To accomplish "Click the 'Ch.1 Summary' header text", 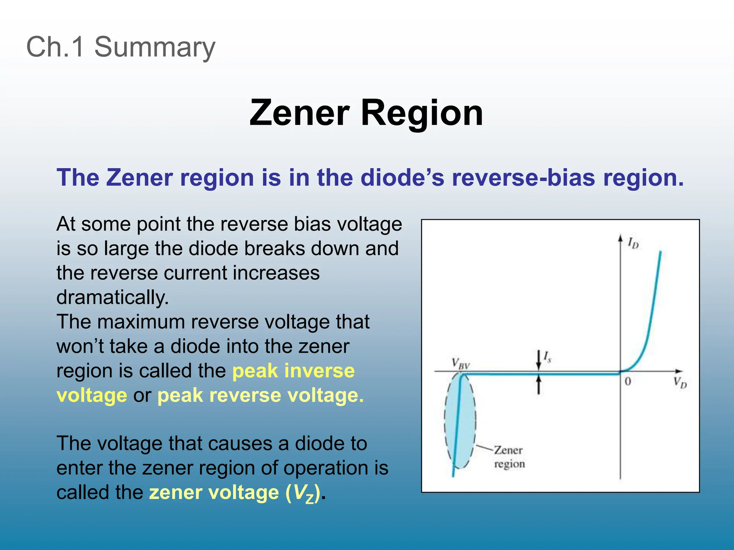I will click(x=121, y=47).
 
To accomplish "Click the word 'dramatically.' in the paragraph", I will click(x=113, y=297).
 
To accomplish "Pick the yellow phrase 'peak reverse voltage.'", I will click(x=261, y=395).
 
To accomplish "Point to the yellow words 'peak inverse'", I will click(x=294, y=371).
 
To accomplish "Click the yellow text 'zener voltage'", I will click(x=214, y=492).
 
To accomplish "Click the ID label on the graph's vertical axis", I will click(x=633, y=243).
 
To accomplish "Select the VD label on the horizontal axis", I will click(x=680, y=382).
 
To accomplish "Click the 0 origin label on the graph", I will click(x=628, y=382).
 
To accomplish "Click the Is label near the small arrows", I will click(x=547, y=357).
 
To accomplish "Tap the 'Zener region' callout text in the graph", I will click(x=509, y=457).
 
